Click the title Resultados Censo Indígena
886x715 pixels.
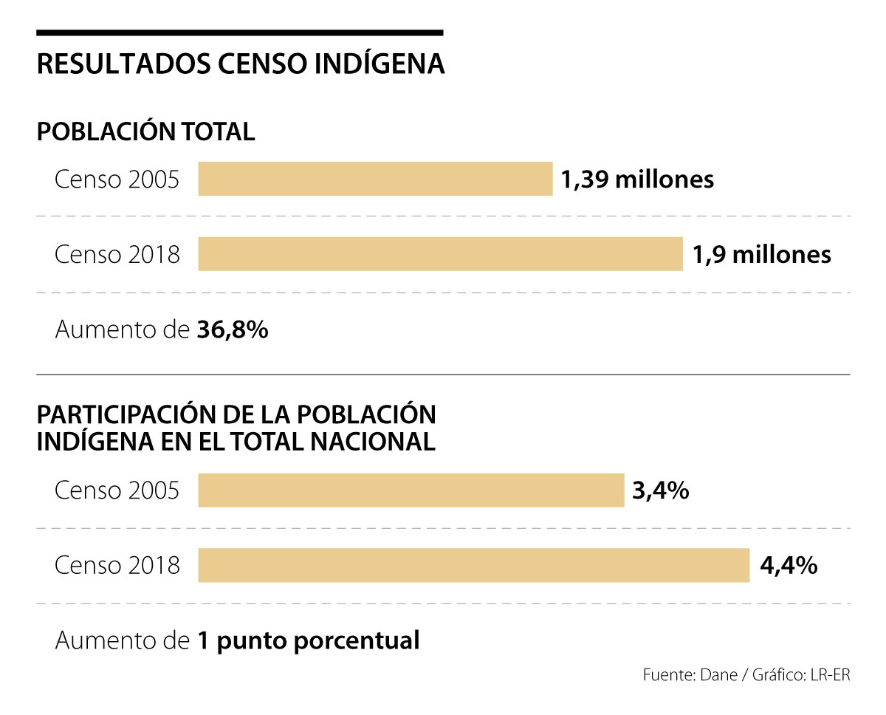tap(241, 64)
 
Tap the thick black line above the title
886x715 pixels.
tap(239, 32)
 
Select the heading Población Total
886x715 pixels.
tap(146, 131)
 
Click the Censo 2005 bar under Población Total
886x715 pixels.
tap(375, 179)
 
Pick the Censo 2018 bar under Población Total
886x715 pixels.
tap(440, 254)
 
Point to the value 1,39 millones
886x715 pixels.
tap(637, 179)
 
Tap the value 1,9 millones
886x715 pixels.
tap(761, 254)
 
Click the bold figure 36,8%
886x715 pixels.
tap(233, 330)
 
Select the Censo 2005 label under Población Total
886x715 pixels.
tap(117, 179)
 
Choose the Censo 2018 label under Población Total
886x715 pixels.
tap(117, 255)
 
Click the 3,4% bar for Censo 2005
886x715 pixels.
tap(411, 490)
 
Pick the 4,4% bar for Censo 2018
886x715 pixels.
tap(473, 566)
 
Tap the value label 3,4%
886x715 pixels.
tap(660, 490)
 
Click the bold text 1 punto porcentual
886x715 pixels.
tap(308, 640)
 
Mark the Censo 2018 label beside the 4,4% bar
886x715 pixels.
tap(117, 566)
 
